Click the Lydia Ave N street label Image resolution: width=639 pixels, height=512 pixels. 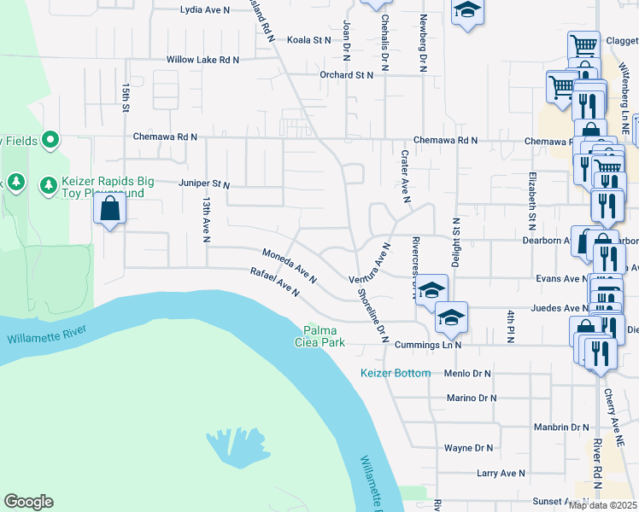(205, 10)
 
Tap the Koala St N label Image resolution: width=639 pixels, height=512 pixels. (308, 39)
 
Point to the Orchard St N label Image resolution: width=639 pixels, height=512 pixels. (347, 75)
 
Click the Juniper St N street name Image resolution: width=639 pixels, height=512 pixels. (204, 183)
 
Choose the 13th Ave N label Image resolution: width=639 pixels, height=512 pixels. (206, 220)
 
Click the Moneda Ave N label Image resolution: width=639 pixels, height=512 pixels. (290, 266)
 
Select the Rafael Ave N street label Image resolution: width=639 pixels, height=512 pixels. (274, 282)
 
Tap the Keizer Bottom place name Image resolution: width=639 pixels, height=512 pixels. (396, 374)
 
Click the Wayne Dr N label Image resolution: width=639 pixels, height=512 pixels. (469, 447)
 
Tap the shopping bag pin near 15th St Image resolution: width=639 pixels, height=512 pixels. (110, 208)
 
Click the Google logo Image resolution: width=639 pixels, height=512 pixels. (28, 502)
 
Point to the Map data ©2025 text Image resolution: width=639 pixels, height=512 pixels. (602, 505)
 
